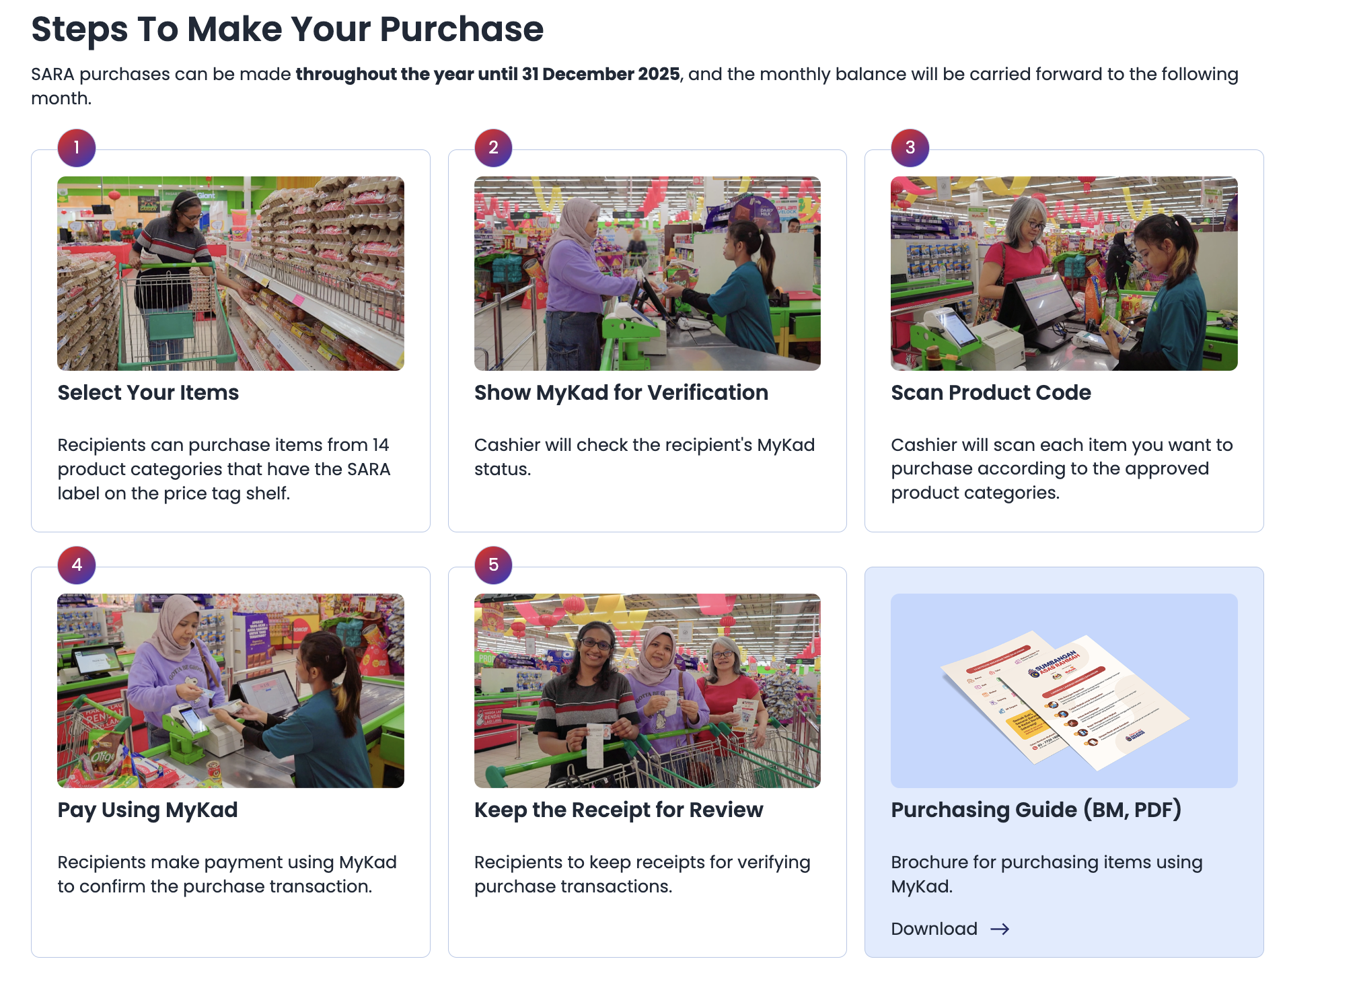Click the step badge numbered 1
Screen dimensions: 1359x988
point(77,147)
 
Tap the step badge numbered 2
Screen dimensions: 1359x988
point(493,147)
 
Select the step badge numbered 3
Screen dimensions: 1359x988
point(910,147)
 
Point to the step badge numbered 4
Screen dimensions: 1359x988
point(77,565)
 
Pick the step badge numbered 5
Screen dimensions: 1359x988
point(493,565)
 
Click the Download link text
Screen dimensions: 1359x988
point(934,929)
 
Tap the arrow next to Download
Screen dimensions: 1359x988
point(1000,929)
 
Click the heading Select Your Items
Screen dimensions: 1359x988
point(148,392)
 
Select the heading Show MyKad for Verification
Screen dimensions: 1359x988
point(621,392)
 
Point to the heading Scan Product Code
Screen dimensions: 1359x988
point(991,392)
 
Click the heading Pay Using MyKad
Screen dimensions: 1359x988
point(147,810)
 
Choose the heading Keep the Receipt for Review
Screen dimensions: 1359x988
point(618,810)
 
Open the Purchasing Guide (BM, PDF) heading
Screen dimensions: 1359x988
point(1036,810)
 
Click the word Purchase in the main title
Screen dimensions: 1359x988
point(462,29)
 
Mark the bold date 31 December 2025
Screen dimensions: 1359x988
point(601,74)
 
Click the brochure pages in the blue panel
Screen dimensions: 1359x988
point(1064,700)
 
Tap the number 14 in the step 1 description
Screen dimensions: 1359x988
point(381,445)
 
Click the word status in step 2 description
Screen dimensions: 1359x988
point(503,469)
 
